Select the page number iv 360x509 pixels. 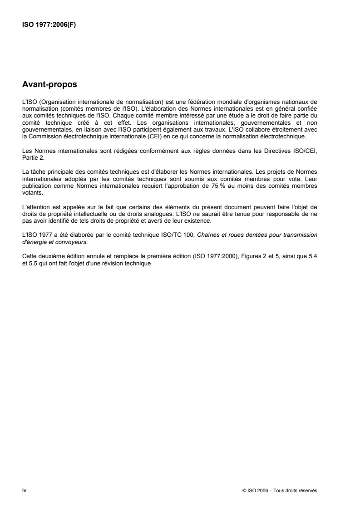point(25,490)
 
